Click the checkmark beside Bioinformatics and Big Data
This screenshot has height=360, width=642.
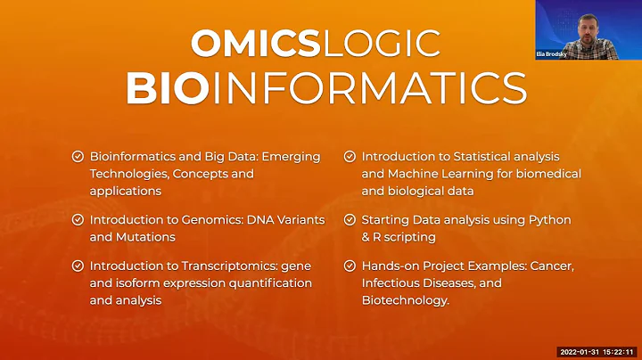click(x=78, y=157)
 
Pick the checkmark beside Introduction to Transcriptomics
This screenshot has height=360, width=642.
click(x=78, y=266)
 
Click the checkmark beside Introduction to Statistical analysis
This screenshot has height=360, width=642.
click(x=350, y=157)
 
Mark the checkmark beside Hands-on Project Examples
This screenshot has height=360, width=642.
click(x=350, y=266)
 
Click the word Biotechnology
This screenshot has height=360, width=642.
click(x=404, y=300)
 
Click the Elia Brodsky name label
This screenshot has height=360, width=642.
click(x=553, y=53)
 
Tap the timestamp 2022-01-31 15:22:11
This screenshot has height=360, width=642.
click(x=595, y=351)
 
